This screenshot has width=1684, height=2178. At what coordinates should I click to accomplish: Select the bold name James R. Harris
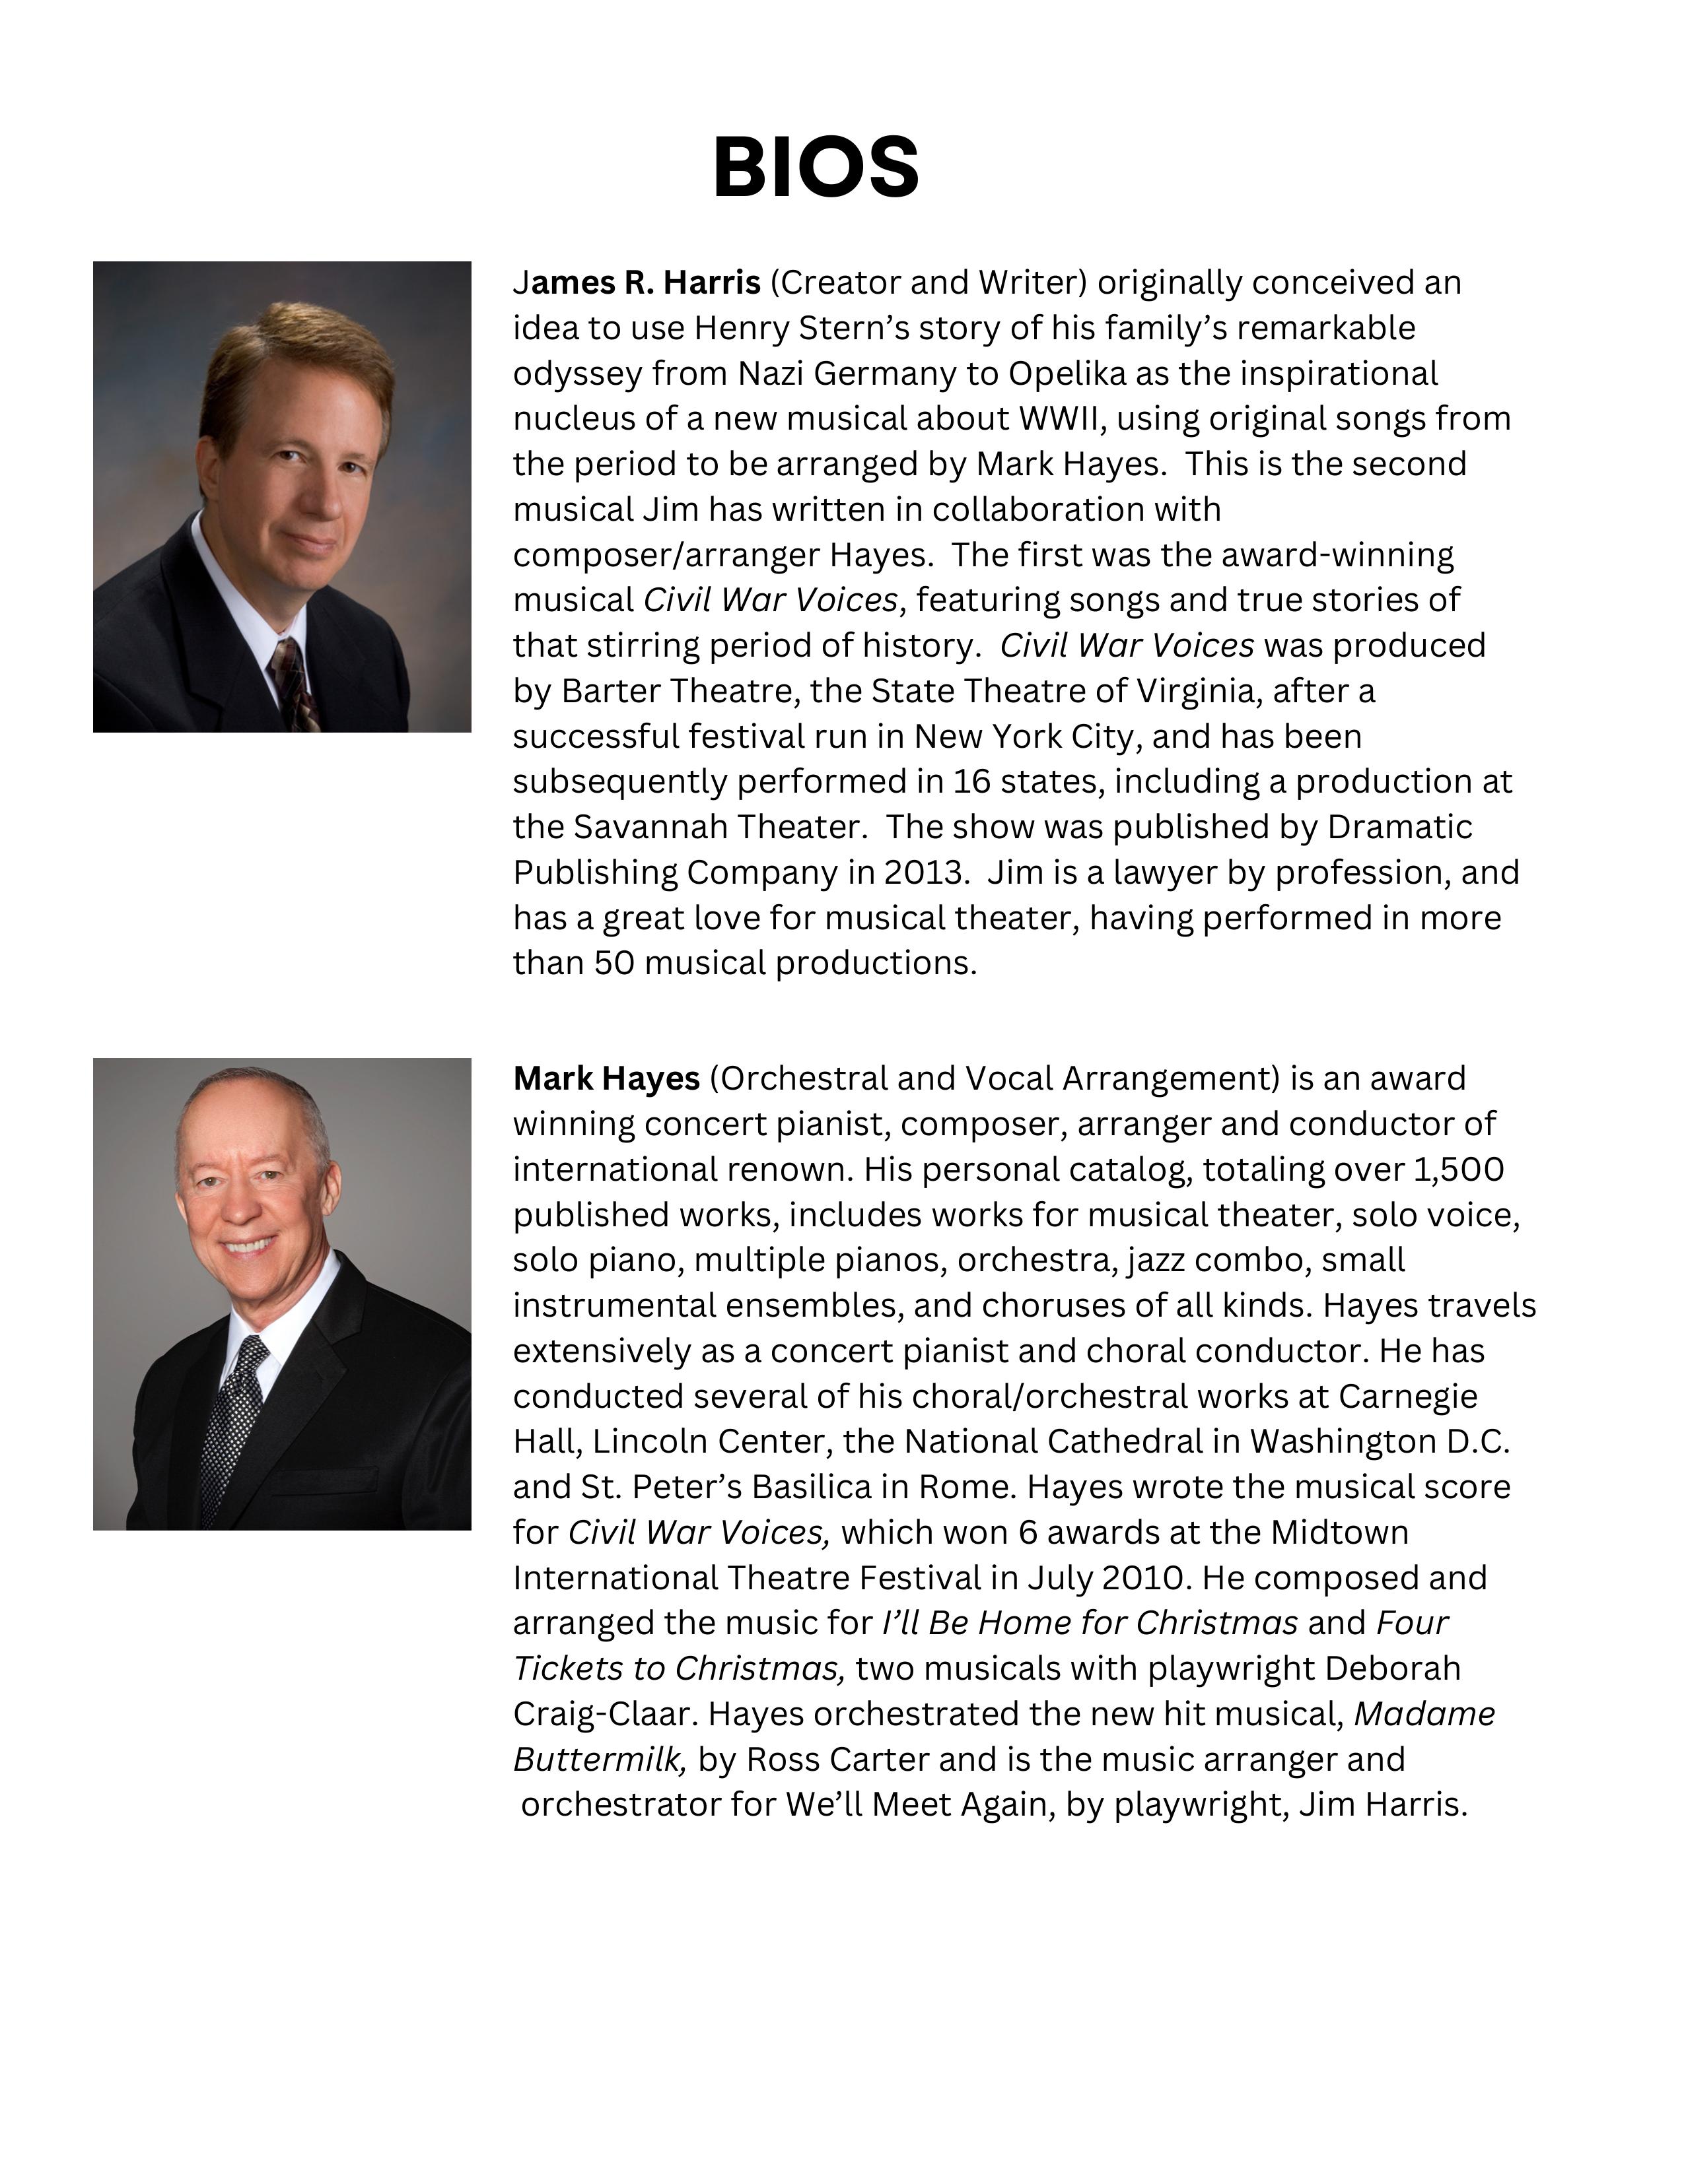tap(637, 283)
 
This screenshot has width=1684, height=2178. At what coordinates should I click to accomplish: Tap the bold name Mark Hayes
tap(606, 1078)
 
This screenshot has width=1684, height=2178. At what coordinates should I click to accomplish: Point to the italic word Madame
tap(1424, 1714)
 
